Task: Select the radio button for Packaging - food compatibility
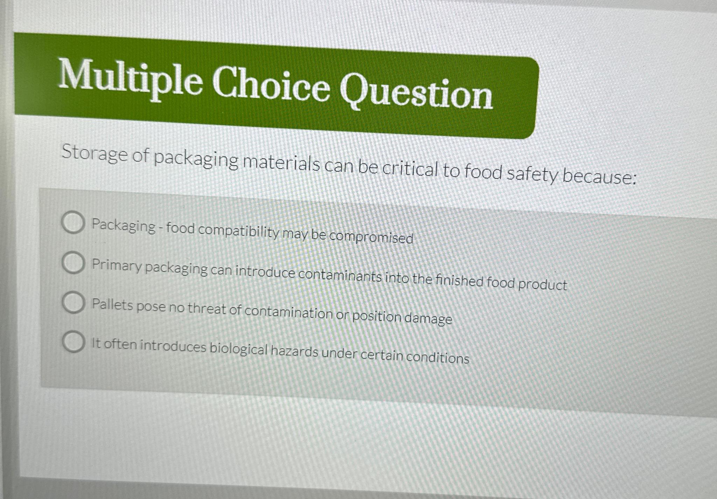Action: coord(73,223)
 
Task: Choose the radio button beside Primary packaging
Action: coord(73,263)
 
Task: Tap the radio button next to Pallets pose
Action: coord(73,303)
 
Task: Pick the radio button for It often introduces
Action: coord(74,342)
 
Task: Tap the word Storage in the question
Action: coord(94,154)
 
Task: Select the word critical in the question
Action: coord(410,170)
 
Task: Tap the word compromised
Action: coord(371,237)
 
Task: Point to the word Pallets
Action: coord(112,305)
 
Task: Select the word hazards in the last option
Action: coord(294,351)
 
